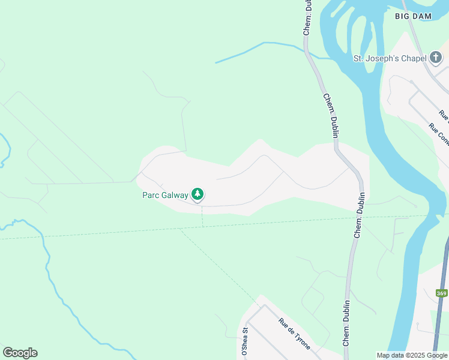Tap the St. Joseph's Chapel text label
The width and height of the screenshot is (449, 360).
tap(390, 58)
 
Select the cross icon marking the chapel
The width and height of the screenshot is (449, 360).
tap(435, 58)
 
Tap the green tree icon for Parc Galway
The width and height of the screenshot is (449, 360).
tap(197, 194)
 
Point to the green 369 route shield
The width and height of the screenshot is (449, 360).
tap(442, 293)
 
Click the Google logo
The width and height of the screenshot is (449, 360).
tap(20, 353)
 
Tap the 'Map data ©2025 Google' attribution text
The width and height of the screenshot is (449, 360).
tap(412, 355)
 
